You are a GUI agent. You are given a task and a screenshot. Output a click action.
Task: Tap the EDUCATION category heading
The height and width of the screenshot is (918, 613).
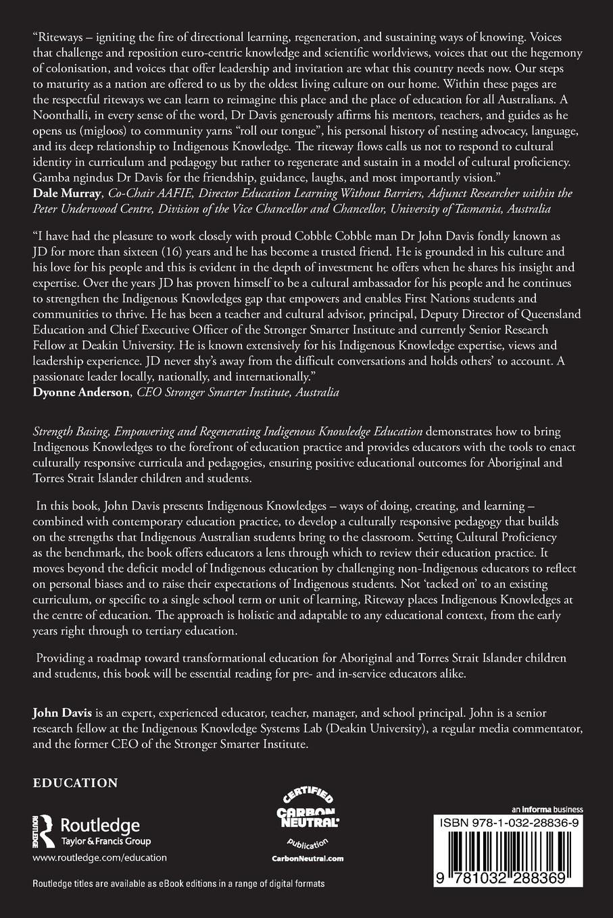tap(76, 783)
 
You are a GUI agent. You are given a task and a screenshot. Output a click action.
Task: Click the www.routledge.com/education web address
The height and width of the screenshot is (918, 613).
tap(99, 858)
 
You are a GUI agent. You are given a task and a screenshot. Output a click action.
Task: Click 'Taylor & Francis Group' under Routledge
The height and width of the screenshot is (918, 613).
tap(105, 841)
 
